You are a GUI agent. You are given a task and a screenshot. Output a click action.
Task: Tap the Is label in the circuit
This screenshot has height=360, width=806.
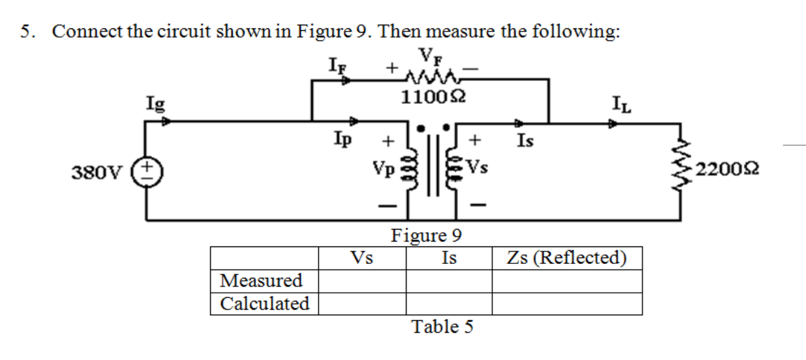click(525, 141)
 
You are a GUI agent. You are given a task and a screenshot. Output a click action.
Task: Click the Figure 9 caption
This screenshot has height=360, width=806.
click(427, 234)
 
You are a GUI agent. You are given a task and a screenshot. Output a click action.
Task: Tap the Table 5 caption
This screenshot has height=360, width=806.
click(442, 327)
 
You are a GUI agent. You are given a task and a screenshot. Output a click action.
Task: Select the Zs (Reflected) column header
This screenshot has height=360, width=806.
click(566, 258)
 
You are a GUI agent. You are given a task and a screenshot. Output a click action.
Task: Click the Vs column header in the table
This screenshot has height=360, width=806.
click(362, 258)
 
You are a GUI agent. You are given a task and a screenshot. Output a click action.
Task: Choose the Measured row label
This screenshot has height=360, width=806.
click(262, 281)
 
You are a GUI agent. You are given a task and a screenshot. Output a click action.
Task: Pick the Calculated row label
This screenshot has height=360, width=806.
click(264, 303)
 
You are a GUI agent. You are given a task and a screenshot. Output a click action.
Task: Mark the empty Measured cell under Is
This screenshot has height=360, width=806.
click(449, 281)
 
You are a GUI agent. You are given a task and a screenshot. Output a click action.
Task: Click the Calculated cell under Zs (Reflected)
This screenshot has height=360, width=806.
click(567, 303)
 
